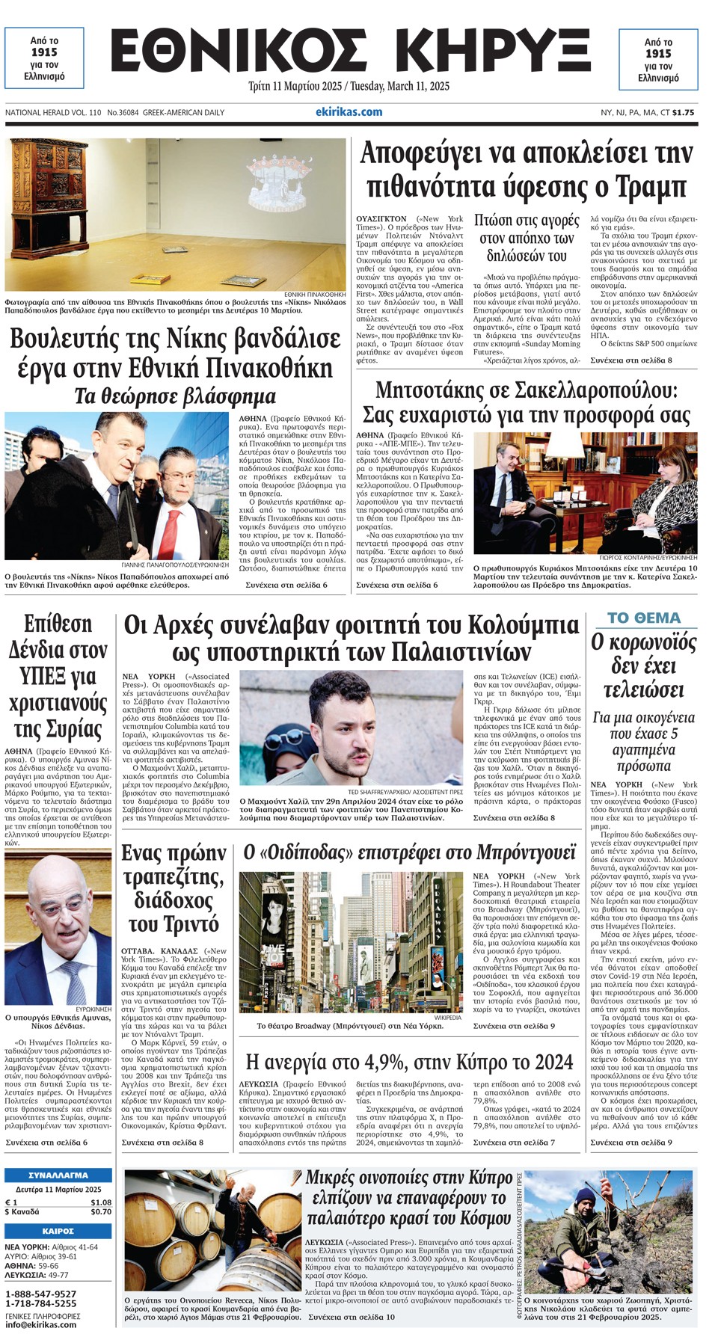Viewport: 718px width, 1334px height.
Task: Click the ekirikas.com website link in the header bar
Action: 349,112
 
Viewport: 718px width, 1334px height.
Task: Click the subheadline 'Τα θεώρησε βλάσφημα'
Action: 175,396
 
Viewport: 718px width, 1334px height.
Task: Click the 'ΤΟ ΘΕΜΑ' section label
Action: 644,618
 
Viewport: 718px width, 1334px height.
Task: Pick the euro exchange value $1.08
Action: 101,1202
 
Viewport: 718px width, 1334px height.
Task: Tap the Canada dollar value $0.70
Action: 101,1212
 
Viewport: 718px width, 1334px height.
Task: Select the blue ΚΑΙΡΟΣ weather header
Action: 58,1231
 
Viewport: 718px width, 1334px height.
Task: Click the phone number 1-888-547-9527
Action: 40,1294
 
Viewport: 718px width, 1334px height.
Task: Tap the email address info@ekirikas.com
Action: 40,1324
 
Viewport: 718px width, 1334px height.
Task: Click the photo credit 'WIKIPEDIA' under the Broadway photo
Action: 447,1018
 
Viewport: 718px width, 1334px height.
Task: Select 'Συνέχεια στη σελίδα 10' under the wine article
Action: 351,1317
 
